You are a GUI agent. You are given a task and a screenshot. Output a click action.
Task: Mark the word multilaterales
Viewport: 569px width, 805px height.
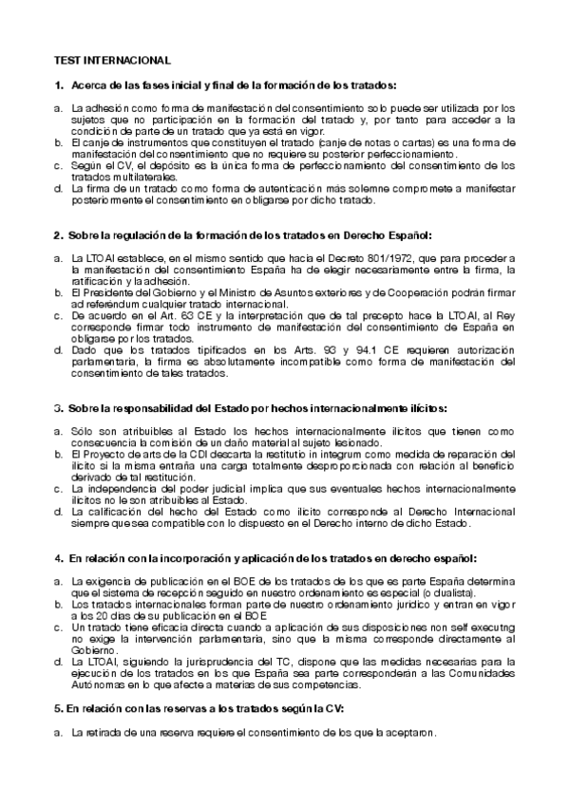tap(124, 177)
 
